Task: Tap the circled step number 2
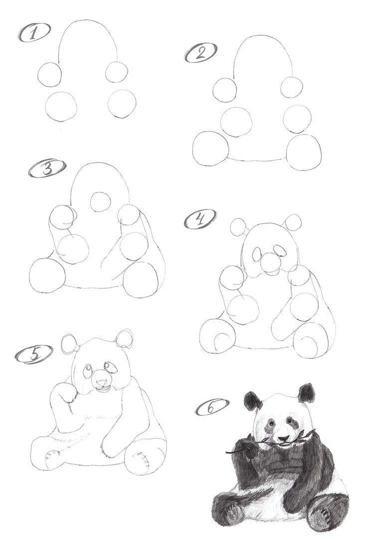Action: pos(200,53)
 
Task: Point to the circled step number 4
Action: pos(199,220)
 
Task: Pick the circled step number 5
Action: pos(34,354)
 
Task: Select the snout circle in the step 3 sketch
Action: pos(101,203)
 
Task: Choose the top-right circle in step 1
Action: pos(117,72)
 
